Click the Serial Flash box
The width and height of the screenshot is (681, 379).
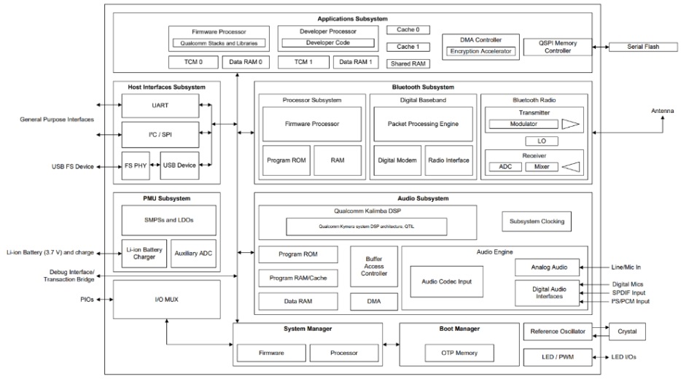[x=643, y=47]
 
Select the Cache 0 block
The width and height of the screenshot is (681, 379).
[x=408, y=30]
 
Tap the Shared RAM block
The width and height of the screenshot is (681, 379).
[x=408, y=64]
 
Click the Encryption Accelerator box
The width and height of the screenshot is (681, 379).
[x=480, y=51]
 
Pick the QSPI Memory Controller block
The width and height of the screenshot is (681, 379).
[x=558, y=47]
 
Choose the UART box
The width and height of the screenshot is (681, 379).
[x=160, y=106]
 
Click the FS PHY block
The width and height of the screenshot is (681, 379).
[x=136, y=165]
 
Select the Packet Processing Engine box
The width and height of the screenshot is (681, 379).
[x=423, y=124]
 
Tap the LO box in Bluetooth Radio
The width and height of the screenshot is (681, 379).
[x=542, y=141]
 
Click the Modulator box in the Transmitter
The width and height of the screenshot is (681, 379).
[x=524, y=124]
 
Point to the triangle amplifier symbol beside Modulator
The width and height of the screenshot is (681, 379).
[x=570, y=124]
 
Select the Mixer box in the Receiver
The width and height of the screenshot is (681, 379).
[x=542, y=167]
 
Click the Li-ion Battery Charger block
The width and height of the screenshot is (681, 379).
[x=144, y=253]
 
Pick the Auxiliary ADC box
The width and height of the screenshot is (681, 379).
[x=193, y=253]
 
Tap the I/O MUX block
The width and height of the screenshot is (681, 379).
[x=167, y=300]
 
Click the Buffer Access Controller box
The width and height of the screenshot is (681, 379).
[x=374, y=266]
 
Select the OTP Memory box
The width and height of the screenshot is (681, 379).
[x=459, y=353]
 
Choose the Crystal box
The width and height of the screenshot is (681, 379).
[x=627, y=331]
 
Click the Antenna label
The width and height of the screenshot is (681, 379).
[x=662, y=111]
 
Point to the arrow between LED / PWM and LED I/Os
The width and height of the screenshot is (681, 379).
[x=601, y=357]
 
